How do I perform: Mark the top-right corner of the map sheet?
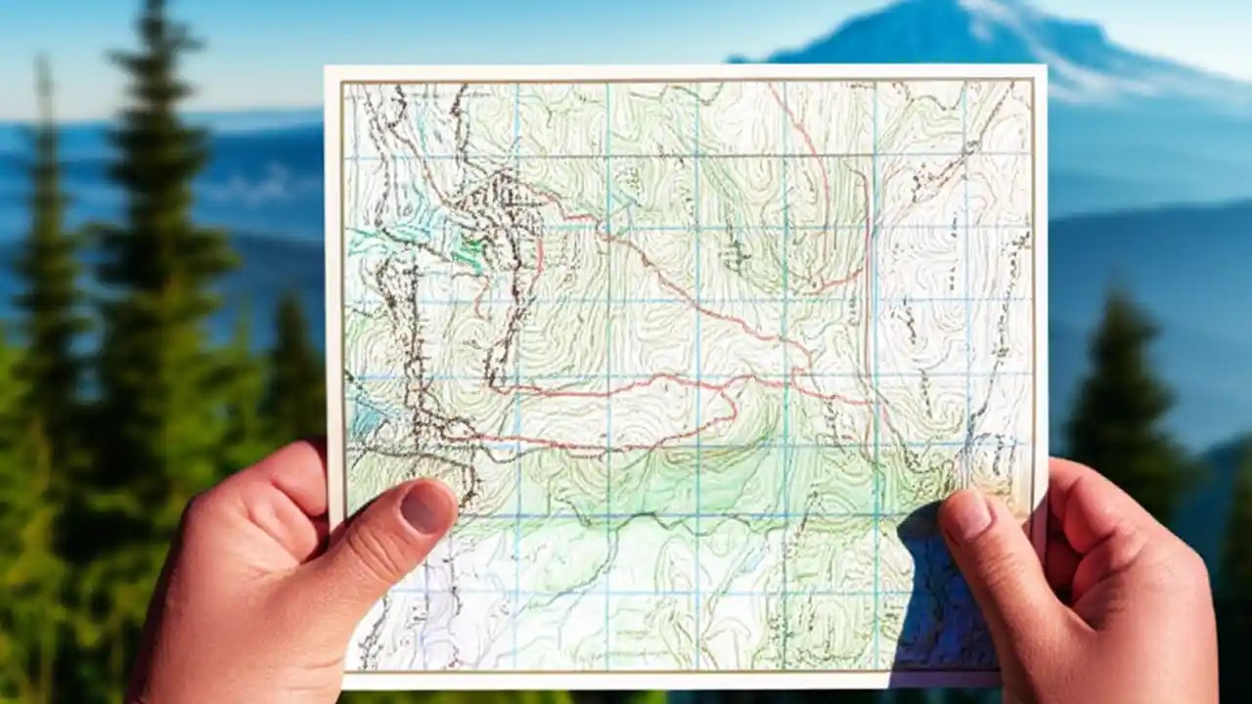[x=1044, y=68]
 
